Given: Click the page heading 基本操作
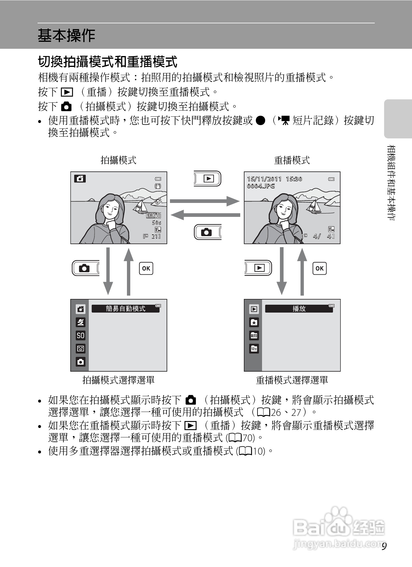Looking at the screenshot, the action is click(x=66, y=36).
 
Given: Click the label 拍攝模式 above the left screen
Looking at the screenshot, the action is click(x=118, y=160).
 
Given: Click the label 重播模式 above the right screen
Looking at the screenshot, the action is click(x=292, y=160).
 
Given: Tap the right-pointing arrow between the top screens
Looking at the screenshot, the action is click(x=204, y=201).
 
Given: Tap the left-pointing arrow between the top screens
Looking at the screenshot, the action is click(x=205, y=215).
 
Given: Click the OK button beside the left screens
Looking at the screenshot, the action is click(x=146, y=268).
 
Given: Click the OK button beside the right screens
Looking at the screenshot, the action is click(x=320, y=268).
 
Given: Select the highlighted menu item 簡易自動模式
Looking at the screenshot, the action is click(x=125, y=309).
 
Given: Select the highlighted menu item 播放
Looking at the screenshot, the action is click(x=299, y=309).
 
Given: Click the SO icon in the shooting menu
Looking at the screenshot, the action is click(x=81, y=336).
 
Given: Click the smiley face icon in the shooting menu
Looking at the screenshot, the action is click(x=81, y=349).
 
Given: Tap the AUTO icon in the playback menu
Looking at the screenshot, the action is click(x=254, y=336).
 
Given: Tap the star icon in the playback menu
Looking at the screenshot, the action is click(x=254, y=323).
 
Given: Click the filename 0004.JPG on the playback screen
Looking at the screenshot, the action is click(x=261, y=186).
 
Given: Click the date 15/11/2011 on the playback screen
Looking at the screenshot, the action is click(x=264, y=179).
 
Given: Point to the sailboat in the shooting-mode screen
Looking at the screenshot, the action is click(x=140, y=206).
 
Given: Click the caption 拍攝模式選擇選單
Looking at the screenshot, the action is click(x=118, y=380).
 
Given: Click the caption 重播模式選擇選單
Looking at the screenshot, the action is click(x=292, y=380).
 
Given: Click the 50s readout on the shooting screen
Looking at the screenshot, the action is click(x=156, y=223).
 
